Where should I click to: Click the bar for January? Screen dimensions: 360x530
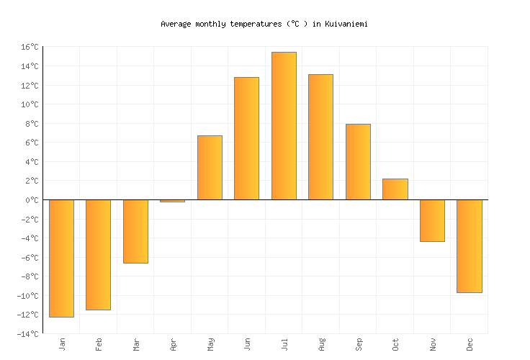click(61, 258)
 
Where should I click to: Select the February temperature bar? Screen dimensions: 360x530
click(98, 254)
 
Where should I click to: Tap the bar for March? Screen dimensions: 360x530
click(135, 231)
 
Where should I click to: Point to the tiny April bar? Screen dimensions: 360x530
click(172, 201)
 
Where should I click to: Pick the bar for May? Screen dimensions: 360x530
click(210, 168)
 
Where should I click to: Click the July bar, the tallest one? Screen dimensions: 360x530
click(284, 126)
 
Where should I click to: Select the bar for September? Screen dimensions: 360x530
click(358, 162)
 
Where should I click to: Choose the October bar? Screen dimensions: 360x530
click(395, 189)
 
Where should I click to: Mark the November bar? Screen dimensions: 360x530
click(432, 220)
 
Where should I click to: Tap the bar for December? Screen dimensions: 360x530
click(469, 246)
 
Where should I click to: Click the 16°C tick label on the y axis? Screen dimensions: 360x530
click(29, 47)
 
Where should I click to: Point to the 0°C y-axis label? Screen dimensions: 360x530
click(31, 200)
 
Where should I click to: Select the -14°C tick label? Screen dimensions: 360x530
click(27, 334)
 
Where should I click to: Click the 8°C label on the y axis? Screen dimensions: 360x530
click(31, 124)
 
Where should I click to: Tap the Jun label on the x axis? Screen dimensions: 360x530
click(247, 344)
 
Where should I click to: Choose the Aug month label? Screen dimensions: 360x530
click(321, 344)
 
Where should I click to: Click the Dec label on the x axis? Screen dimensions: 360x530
click(470, 344)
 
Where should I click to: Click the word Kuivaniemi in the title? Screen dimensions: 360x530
click(346, 24)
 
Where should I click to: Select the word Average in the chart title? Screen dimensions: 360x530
click(175, 24)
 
